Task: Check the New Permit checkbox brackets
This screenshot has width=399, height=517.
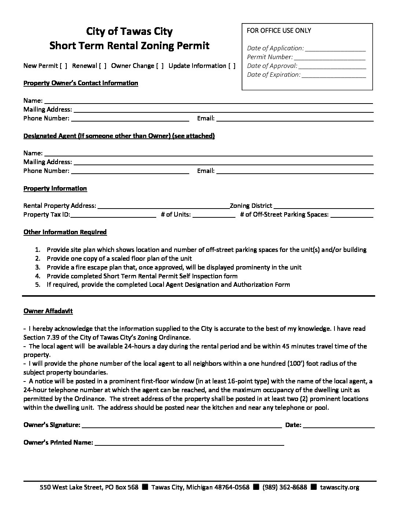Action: (63, 66)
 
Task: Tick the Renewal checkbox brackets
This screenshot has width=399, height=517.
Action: (103, 66)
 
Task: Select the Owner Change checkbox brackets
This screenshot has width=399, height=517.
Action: (160, 66)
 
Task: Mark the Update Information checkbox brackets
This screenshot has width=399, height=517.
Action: (232, 66)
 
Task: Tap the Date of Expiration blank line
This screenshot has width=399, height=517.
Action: (333, 75)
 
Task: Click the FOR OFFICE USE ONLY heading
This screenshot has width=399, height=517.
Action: (279, 30)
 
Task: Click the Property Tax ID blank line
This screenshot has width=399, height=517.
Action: (113, 215)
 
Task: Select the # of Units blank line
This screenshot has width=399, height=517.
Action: (213, 215)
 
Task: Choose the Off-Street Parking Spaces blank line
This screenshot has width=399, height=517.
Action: (352, 215)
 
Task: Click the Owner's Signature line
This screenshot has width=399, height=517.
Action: (182, 425)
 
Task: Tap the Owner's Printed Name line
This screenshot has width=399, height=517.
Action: (189, 443)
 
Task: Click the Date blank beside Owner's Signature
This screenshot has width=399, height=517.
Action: (339, 425)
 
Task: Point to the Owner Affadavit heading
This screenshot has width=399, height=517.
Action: (48, 311)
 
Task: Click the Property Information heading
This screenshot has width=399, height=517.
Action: (55, 188)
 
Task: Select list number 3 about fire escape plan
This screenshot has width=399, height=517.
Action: (174, 267)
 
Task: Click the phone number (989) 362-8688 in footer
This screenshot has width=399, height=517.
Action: (285, 487)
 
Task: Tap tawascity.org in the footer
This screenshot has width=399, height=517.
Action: (340, 487)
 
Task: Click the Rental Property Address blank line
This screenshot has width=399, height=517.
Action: (164, 206)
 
